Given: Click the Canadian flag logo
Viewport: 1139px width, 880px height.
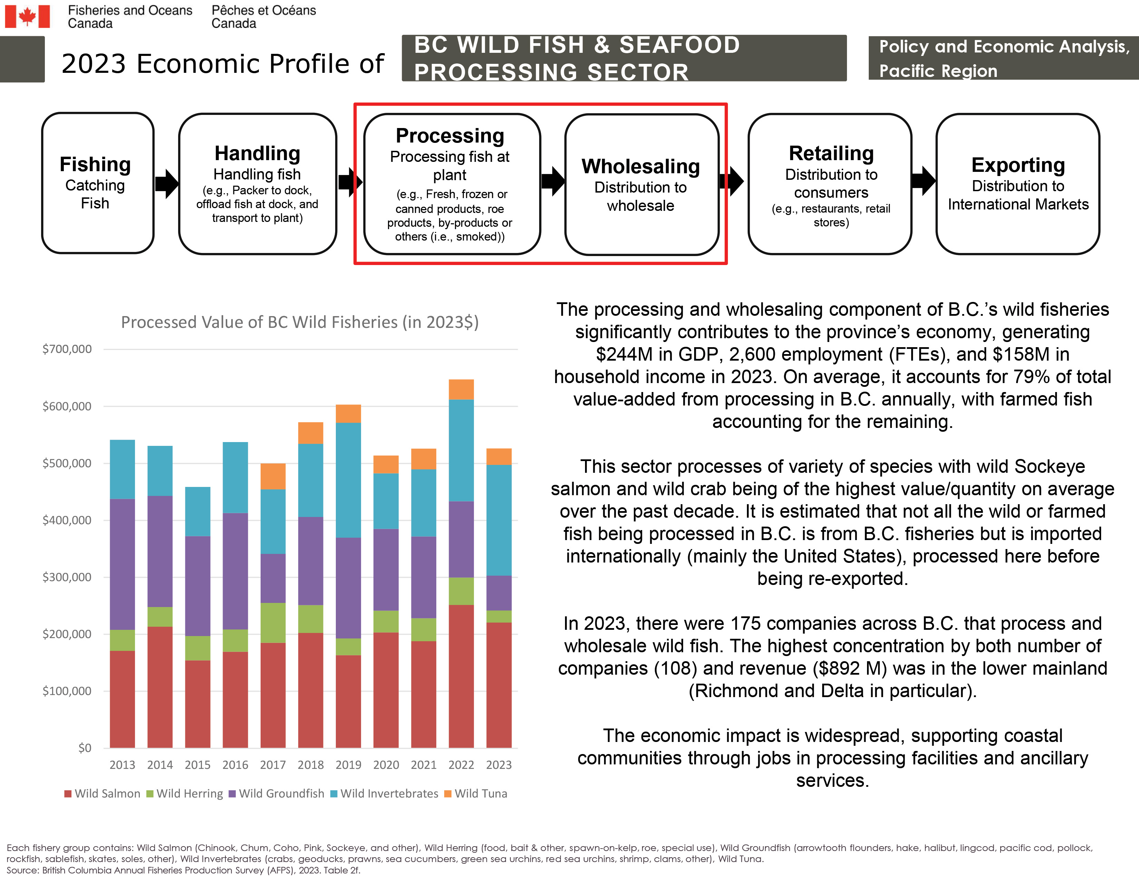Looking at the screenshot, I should [x=27, y=16].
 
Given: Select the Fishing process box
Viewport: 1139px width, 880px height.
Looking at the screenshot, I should [x=98, y=183].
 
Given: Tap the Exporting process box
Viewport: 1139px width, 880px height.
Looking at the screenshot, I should [x=1018, y=184].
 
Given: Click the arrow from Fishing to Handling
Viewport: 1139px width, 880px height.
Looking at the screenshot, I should [x=167, y=184].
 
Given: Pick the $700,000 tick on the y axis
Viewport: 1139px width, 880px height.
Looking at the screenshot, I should [x=67, y=349].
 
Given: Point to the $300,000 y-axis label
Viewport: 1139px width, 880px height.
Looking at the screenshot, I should [x=67, y=577].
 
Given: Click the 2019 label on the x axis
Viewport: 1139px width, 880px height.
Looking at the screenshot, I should [x=348, y=765].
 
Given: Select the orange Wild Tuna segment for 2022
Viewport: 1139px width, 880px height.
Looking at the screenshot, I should [x=461, y=389].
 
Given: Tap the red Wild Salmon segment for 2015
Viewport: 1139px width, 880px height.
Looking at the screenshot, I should [x=198, y=704].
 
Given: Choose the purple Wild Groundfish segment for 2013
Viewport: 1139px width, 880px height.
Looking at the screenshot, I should [x=122, y=564].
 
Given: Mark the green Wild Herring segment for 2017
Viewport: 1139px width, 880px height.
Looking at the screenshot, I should [x=273, y=623].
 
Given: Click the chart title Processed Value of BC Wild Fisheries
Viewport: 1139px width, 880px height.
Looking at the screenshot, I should [x=300, y=322].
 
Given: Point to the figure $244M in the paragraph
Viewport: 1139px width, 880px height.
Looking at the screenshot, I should [x=624, y=354].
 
